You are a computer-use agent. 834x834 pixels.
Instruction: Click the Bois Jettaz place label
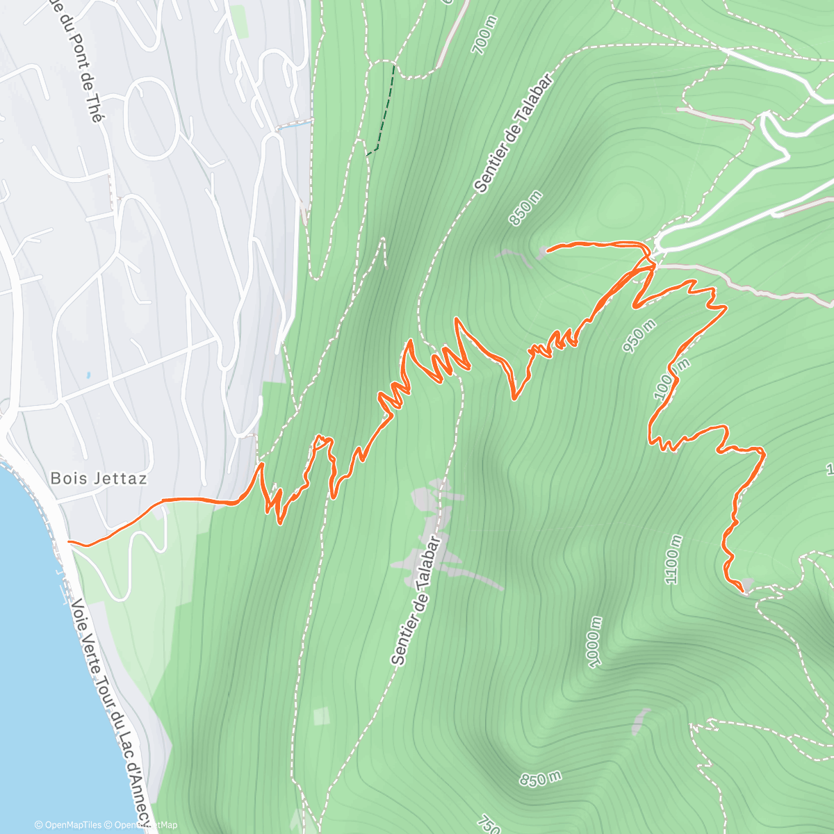pos(99,478)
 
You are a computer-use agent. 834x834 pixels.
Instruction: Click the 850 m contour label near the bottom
pos(540,778)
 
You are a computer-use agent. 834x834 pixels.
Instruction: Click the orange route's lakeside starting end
pos(69,541)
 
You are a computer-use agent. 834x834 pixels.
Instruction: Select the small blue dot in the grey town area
pos(88,375)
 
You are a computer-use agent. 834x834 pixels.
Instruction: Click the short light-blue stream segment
pos(294,125)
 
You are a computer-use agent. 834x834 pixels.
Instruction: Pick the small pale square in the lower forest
pos(321,716)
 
